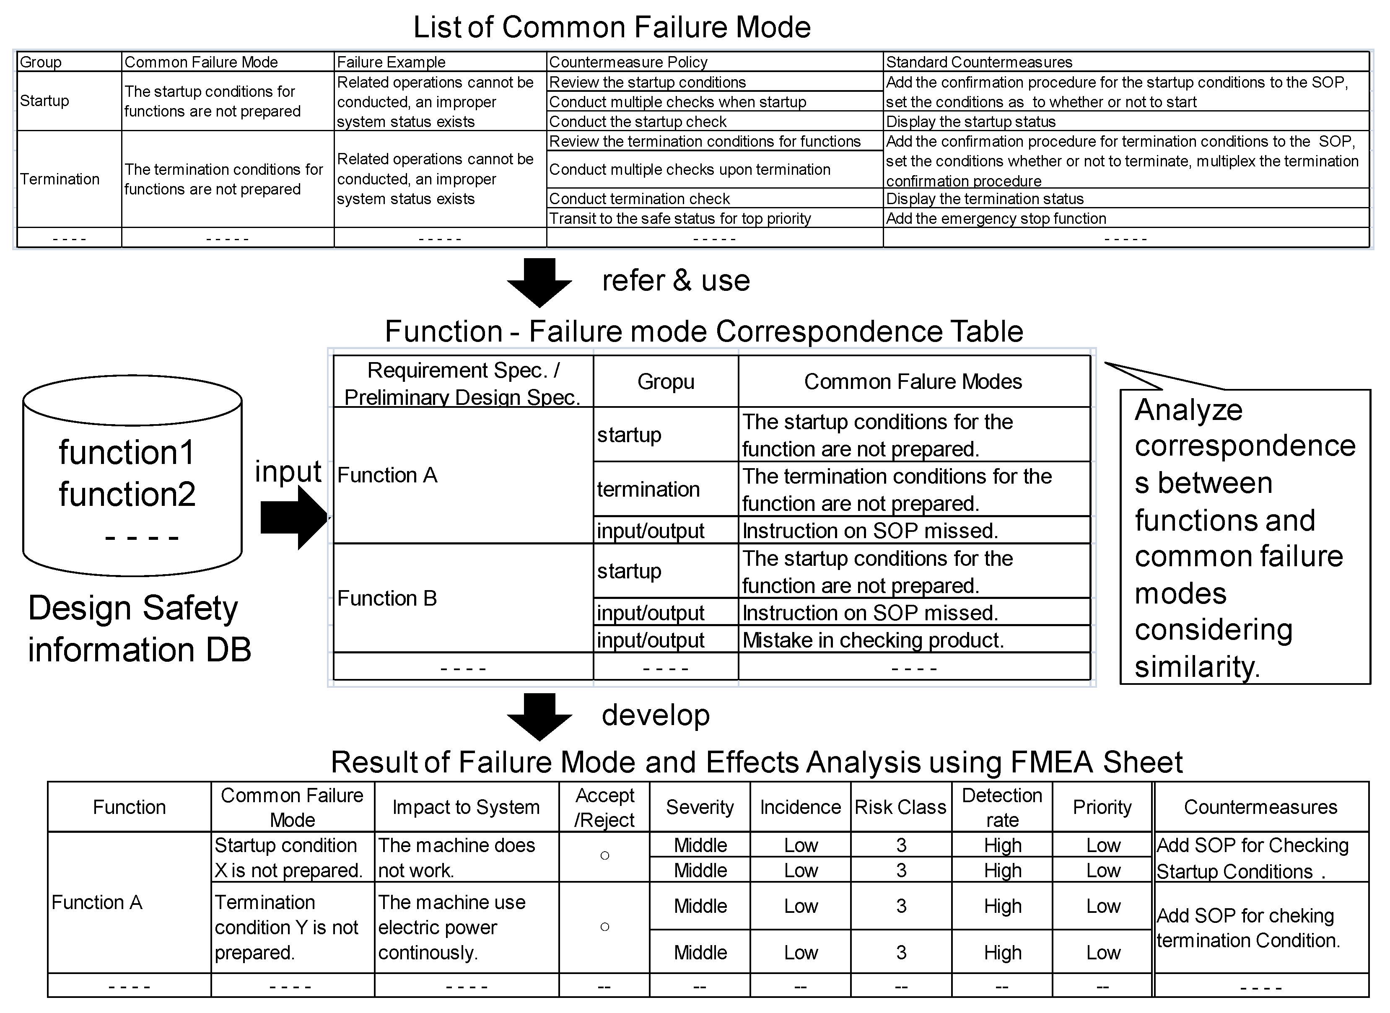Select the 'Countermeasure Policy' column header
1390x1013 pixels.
628,62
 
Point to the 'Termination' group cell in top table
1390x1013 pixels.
60,179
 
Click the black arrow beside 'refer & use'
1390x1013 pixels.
539,282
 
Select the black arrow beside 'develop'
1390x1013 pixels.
539,715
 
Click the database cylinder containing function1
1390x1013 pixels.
132,475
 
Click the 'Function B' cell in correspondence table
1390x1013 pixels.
387,598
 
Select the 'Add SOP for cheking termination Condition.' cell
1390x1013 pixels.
1247,927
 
